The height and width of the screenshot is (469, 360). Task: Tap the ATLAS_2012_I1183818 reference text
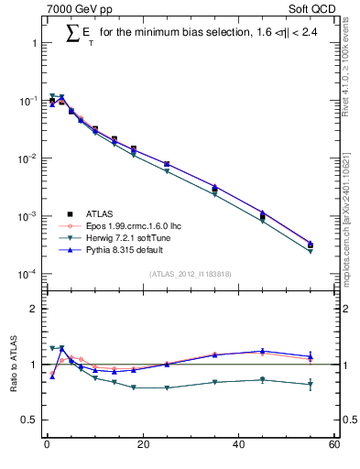[189, 273]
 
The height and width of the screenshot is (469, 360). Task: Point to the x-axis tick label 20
[142, 445]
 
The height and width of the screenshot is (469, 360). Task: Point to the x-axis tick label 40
[238, 445]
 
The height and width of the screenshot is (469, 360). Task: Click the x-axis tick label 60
[334, 445]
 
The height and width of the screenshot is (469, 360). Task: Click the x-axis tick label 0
[46, 445]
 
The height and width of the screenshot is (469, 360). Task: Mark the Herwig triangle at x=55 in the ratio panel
[311, 385]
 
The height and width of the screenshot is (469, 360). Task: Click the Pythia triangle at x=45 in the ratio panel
[263, 351]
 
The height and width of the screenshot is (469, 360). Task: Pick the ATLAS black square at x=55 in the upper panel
[311, 245]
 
